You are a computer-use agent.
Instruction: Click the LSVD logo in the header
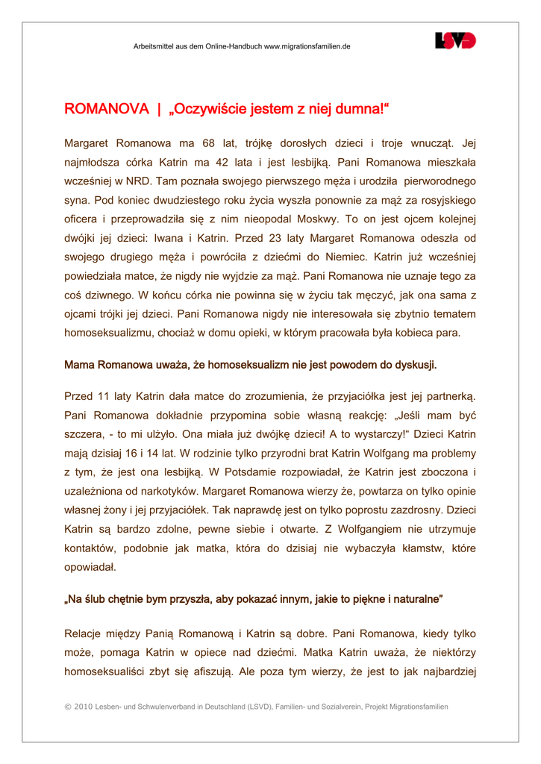pyautogui.click(x=455, y=41)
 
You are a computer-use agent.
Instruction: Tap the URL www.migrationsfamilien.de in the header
pyautogui.click(x=307, y=46)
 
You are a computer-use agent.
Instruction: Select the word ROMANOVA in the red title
pyautogui.click(x=107, y=110)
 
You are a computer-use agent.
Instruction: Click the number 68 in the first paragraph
pyautogui.click(x=208, y=143)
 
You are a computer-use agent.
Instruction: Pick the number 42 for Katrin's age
pyautogui.click(x=244, y=162)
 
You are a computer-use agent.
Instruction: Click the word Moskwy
pyautogui.click(x=317, y=219)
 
